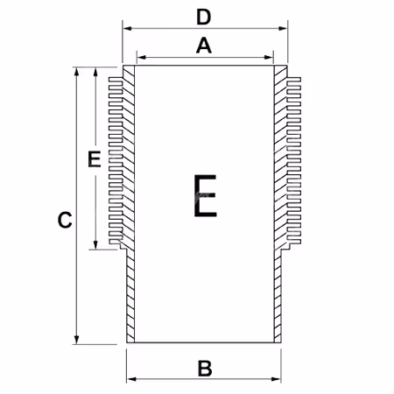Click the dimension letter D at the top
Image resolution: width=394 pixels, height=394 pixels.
click(x=204, y=18)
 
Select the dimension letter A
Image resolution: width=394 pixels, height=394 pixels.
click(x=204, y=46)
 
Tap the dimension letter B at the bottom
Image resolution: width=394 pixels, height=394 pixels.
click(x=205, y=369)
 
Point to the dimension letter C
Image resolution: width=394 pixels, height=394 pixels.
click(x=65, y=220)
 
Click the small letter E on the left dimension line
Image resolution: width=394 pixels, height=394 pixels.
click(x=95, y=159)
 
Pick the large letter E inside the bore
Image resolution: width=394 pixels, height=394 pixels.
click(x=205, y=196)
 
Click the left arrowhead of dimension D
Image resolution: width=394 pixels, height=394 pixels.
click(x=128, y=28)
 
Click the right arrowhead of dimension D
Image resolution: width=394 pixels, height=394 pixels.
click(x=283, y=28)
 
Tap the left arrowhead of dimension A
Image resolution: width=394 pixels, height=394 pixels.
click(x=142, y=57)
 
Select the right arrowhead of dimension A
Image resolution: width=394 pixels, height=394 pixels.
click(x=268, y=57)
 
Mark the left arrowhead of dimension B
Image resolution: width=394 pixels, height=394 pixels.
click(x=132, y=379)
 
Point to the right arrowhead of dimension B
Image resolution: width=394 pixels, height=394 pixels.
click(x=276, y=379)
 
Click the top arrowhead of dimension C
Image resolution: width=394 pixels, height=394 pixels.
click(x=76, y=72)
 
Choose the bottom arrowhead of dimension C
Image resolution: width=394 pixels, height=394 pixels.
click(x=76, y=339)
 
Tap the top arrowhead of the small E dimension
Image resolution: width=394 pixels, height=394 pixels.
click(x=95, y=72)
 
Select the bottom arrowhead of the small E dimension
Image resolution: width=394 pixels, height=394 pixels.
click(x=95, y=244)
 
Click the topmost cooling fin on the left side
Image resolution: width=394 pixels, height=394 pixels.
click(x=116, y=80)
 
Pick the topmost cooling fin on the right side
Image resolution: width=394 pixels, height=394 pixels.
click(x=293, y=80)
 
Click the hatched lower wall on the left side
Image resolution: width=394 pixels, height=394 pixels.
click(x=130, y=296)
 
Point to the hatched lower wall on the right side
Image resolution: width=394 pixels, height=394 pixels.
click(x=278, y=296)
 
